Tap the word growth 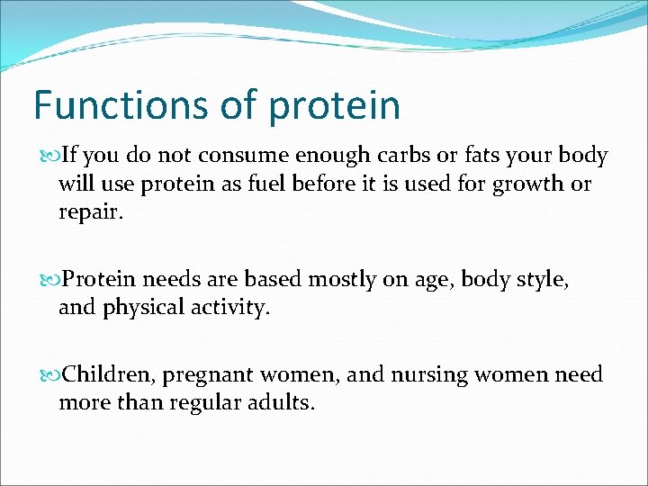(530, 184)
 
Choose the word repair (88, 213)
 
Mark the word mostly (342, 280)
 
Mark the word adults (279, 401)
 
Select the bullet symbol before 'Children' (48, 374)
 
